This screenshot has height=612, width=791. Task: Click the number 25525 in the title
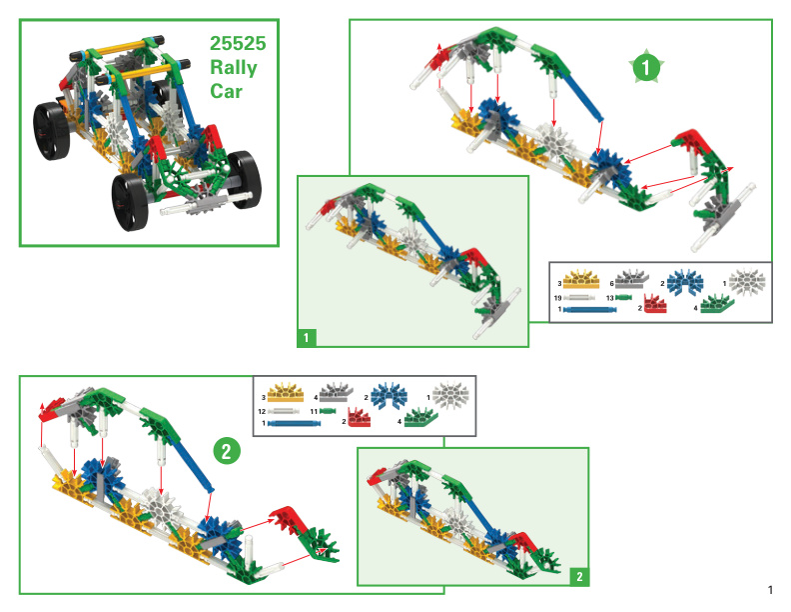tap(238, 43)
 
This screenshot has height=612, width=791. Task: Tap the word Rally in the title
tap(234, 68)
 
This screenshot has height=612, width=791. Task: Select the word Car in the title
tap(226, 91)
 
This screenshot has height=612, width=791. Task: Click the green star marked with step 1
tap(646, 66)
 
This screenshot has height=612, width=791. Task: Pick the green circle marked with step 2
tap(226, 451)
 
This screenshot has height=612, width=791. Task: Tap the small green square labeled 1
tap(307, 337)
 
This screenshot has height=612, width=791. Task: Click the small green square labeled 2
tap(579, 577)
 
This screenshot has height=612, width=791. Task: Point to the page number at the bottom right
tap(770, 590)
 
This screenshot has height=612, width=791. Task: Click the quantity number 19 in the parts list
tap(557, 298)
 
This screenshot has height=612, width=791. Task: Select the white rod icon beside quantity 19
tap(578, 298)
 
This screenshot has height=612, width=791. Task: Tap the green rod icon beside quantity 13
tap(623, 297)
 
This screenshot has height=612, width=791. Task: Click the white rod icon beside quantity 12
tap(287, 412)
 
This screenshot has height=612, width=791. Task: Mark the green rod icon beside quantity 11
tap(328, 412)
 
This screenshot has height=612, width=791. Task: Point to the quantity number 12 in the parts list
tap(262, 412)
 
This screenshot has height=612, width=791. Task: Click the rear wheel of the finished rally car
tap(51, 131)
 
